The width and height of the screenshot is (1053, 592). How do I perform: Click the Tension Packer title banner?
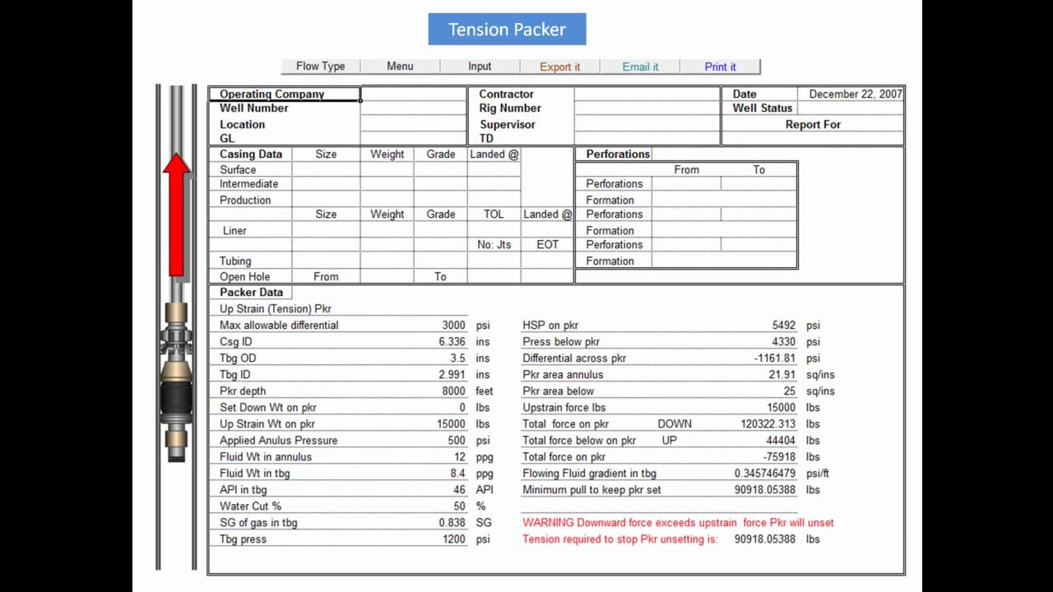pyautogui.click(x=507, y=30)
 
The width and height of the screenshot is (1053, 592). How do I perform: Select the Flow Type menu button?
pyautogui.click(x=321, y=67)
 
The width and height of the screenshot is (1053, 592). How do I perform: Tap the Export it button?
pyautogui.click(x=559, y=67)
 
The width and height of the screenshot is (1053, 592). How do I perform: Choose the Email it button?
pyautogui.click(x=640, y=67)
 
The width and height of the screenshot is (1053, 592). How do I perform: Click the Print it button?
pyautogui.click(x=720, y=67)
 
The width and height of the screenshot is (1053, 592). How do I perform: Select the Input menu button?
pyautogui.click(x=480, y=67)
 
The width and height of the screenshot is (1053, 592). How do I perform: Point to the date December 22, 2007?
pyautogui.click(x=856, y=94)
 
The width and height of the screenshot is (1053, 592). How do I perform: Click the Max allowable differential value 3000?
pyautogui.click(x=453, y=326)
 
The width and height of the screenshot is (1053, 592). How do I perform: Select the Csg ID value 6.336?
pyautogui.click(x=452, y=342)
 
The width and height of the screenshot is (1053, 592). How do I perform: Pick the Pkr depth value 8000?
pyautogui.click(x=453, y=391)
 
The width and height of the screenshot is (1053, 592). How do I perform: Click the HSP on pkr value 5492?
pyautogui.click(x=784, y=326)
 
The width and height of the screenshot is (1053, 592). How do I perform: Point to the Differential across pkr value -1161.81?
pyautogui.click(x=775, y=358)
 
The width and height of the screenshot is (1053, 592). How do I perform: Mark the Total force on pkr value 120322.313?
pyautogui.click(x=768, y=424)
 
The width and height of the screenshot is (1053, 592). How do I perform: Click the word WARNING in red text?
pyautogui.click(x=548, y=523)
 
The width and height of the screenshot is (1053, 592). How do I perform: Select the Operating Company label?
pyautogui.click(x=271, y=95)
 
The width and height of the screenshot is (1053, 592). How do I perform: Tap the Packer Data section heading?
pyautogui.click(x=251, y=293)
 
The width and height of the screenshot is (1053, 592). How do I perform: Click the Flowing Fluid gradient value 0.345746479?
pyautogui.click(x=765, y=474)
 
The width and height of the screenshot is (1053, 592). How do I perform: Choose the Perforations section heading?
pyautogui.click(x=618, y=155)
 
